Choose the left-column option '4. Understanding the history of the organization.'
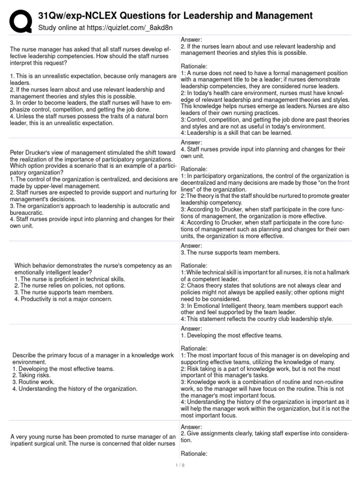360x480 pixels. point(75,389)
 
